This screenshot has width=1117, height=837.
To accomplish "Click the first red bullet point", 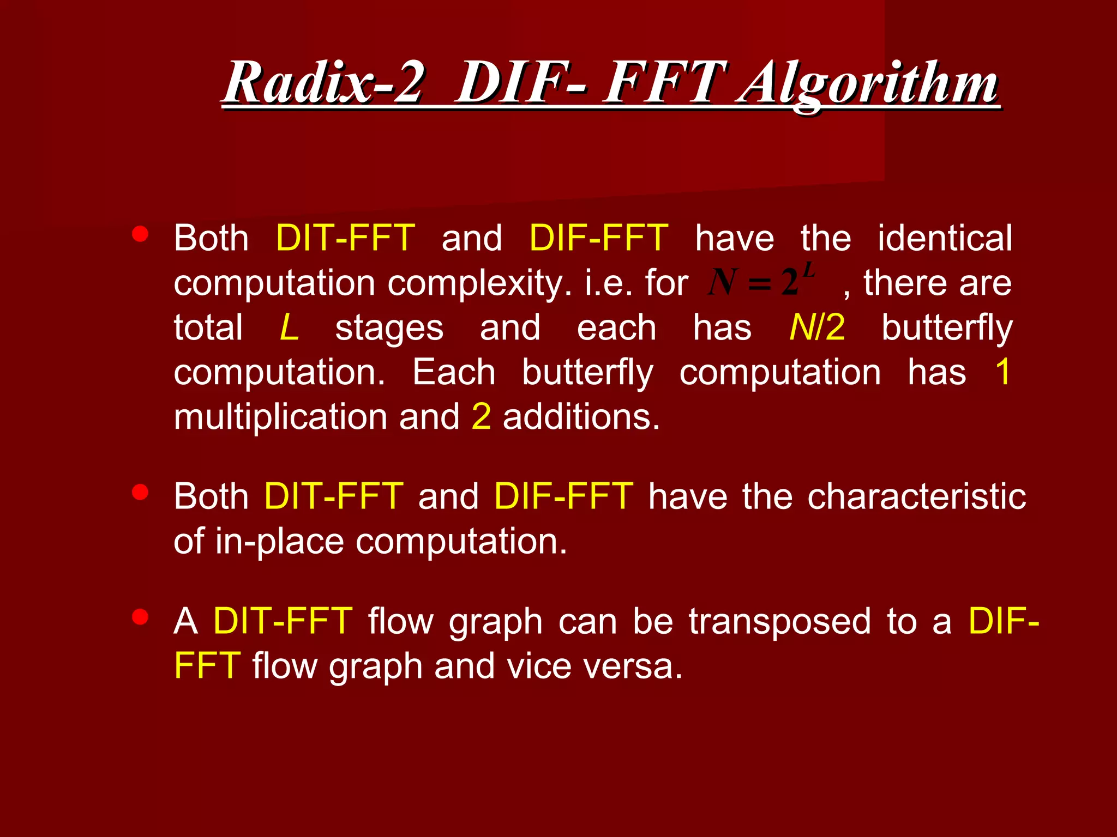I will click(x=140, y=234).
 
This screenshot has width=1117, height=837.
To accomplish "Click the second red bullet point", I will click(x=140, y=492).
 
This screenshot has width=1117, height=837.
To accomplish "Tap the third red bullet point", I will click(x=140, y=617).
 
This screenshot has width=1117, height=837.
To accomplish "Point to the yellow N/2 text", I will click(x=817, y=328).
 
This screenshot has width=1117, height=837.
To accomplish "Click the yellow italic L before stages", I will click(x=289, y=328).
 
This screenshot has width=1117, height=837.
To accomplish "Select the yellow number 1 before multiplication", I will click(x=1002, y=373).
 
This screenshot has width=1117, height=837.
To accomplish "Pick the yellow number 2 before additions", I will click(x=481, y=417).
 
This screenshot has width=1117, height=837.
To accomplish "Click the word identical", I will click(x=945, y=239).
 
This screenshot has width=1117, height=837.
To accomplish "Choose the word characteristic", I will click(x=916, y=497).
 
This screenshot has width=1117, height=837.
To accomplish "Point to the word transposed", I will click(x=779, y=622).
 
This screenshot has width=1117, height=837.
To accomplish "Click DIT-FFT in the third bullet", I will click(x=283, y=622).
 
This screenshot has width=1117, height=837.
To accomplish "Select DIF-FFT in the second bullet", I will click(x=564, y=497).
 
